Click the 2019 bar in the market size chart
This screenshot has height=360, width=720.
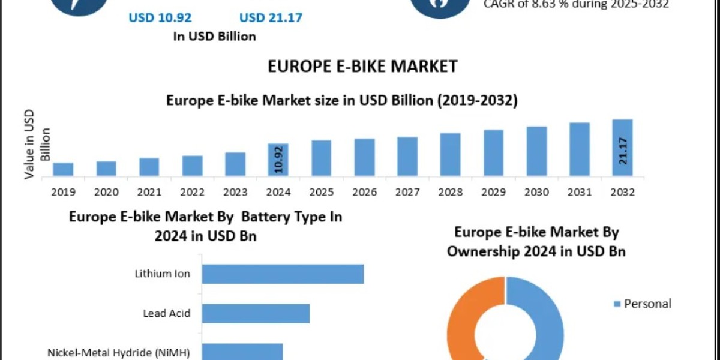point(63,169)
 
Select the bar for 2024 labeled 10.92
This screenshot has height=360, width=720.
point(278,160)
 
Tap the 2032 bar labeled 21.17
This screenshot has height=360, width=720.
point(622,148)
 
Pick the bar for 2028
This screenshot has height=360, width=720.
point(451,155)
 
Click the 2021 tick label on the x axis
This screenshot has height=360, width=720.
point(149,192)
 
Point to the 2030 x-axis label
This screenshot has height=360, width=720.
point(536,192)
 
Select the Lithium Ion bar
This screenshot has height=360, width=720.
point(283,274)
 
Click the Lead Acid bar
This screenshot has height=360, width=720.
point(256,313)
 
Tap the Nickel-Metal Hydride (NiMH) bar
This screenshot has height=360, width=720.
point(242,352)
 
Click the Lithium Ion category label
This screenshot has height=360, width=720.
point(162,274)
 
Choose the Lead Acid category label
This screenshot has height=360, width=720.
point(167,313)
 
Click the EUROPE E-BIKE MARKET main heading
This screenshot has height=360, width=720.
point(362,66)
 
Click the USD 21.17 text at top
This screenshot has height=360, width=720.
point(271,17)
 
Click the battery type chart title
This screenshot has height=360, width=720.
point(205,226)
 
